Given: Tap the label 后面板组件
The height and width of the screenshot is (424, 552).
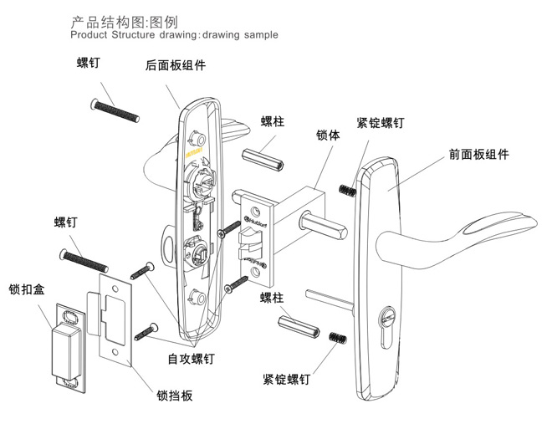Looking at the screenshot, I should [x=176, y=65].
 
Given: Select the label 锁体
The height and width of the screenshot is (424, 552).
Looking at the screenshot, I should [x=327, y=134].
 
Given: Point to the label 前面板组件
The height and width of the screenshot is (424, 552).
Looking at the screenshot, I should [x=478, y=154].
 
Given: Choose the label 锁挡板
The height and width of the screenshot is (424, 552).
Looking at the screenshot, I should [x=175, y=395].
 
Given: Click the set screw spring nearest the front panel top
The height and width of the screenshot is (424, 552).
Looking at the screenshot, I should [x=345, y=192].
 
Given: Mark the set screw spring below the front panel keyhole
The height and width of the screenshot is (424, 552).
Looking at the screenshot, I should [x=336, y=339].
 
